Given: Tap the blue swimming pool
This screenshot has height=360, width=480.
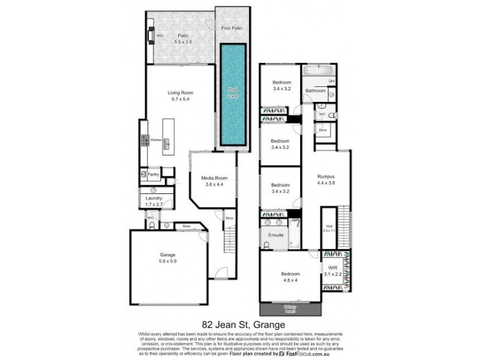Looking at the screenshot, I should (x=233, y=96).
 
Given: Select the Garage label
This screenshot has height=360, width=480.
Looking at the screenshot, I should (x=168, y=255).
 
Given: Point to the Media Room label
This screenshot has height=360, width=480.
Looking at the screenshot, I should (x=214, y=178).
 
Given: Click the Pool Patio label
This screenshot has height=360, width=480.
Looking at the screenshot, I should (x=232, y=28).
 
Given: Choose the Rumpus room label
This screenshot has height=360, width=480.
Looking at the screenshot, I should (x=326, y=176).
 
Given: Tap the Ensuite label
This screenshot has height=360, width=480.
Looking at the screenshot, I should (x=276, y=235).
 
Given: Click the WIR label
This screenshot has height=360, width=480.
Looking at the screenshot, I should (x=334, y=268).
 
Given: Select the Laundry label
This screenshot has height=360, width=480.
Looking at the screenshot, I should (x=154, y=198).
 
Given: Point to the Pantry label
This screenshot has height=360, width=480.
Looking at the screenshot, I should (x=153, y=175).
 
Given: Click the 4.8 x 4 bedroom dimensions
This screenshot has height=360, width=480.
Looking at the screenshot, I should (x=290, y=280).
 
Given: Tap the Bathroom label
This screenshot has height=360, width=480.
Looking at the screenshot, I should (x=316, y=91).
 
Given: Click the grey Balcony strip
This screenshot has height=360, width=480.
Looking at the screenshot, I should (x=290, y=309).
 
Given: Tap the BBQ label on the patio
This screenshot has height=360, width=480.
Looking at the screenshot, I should (x=160, y=36).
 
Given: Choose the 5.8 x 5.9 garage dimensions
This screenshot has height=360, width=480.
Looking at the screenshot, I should (x=168, y=262).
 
